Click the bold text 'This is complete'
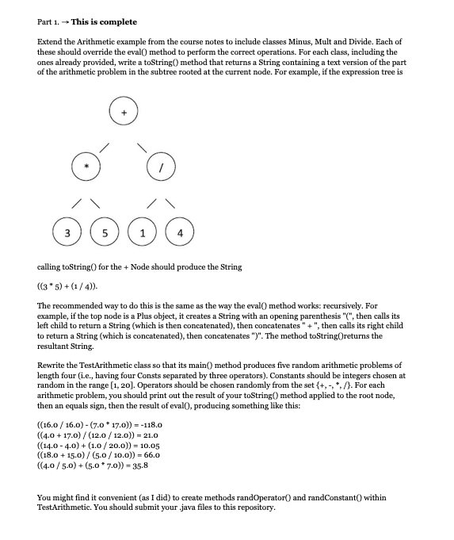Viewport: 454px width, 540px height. tap(104, 21)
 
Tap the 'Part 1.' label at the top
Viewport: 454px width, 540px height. tap(51, 21)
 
